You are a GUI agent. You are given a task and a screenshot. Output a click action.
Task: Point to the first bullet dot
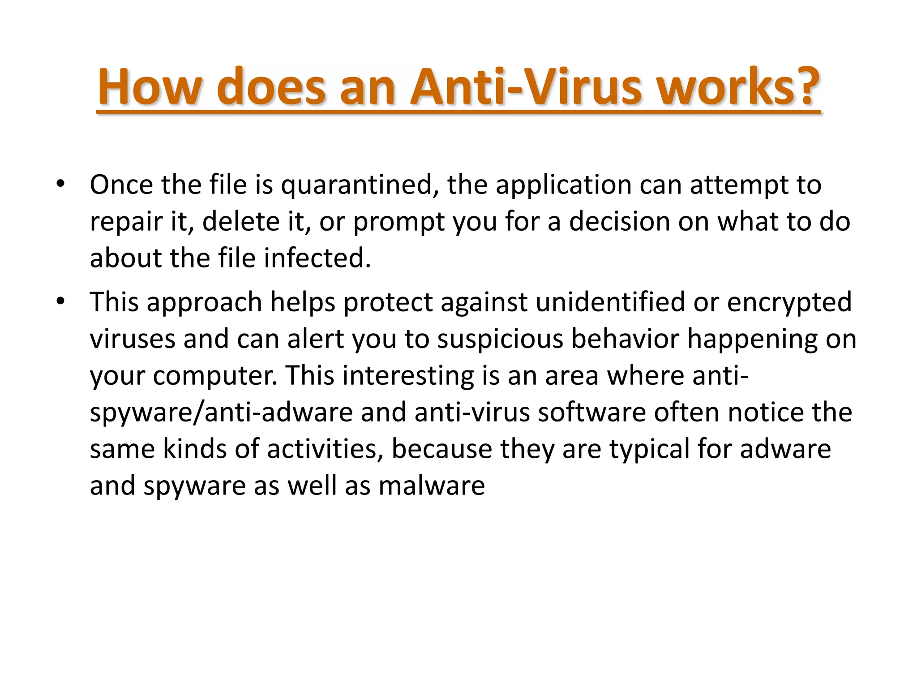tap(61, 184)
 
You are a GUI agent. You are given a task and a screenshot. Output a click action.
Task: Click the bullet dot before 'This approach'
tap(61, 301)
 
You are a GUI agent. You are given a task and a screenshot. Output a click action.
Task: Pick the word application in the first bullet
tap(563, 185)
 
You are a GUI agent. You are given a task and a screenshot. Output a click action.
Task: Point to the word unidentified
tap(610, 302)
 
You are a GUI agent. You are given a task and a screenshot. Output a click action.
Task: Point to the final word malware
tap(432, 486)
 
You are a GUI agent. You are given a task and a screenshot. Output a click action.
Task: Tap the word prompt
tap(399, 222)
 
